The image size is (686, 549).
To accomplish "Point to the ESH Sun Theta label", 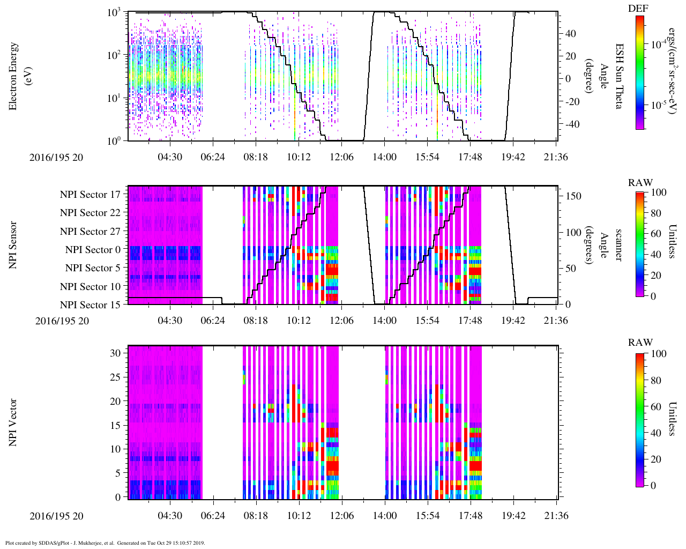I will [x=618, y=76].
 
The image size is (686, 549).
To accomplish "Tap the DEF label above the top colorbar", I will [x=638, y=9].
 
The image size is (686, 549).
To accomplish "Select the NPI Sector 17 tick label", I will [x=90, y=195].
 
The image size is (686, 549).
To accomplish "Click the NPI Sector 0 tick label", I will [x=93, y=250].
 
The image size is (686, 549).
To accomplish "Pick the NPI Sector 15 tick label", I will [x=90, y=305].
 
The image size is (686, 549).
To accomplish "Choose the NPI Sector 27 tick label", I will [x=90, y=232].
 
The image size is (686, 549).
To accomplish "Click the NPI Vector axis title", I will [x=13, y=422].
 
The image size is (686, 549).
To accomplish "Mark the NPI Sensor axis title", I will [x=13, y=245].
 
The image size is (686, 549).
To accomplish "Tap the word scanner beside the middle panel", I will [x=618, y=245].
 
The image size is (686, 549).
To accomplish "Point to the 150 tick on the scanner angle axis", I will [x=573, y=196].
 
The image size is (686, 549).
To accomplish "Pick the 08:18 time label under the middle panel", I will [x=256, y=321].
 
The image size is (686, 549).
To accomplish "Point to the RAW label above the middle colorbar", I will [x=640, y=183].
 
